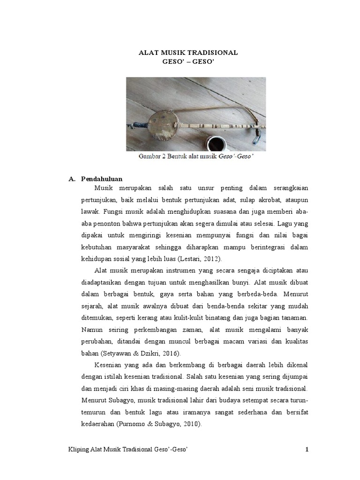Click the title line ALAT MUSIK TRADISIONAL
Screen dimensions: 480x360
coord(188,52)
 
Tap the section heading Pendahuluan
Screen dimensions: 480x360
coord(101,179)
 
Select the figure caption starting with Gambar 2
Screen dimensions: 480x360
coord(196,157)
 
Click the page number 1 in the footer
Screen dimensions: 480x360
coord(307,450)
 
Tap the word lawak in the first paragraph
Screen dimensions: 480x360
coord(88,211)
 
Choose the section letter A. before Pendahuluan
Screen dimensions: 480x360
coord(72,179)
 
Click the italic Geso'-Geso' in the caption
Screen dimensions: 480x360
coord(236,157)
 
